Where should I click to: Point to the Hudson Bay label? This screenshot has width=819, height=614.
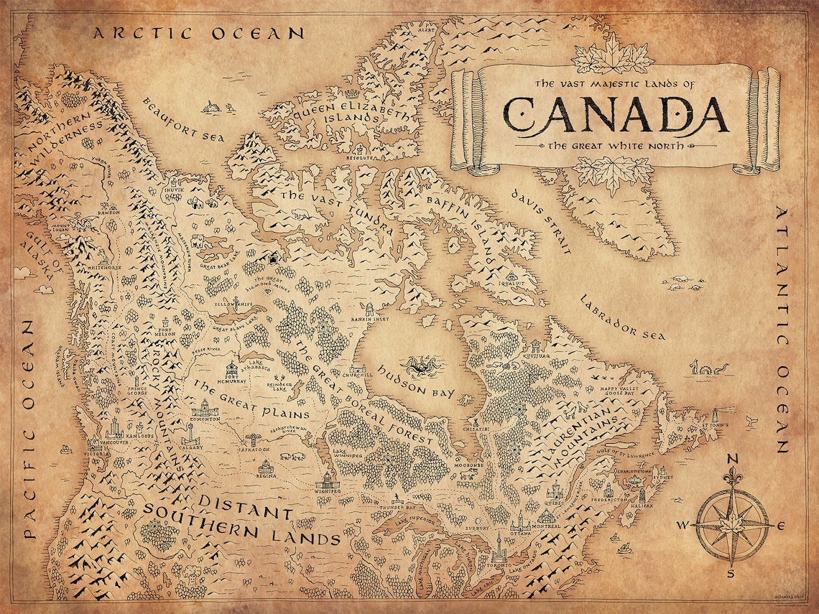coord(417,384)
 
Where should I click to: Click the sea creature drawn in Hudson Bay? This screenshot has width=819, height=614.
coord(421,366)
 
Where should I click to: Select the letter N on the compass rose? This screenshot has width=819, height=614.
coord(733,460)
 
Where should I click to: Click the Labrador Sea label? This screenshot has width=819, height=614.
coord(623,317)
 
